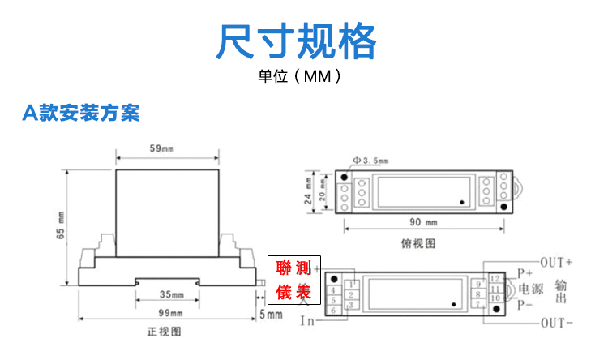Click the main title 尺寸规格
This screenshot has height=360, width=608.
point(297,42)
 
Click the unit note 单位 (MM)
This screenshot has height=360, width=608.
point(297,79)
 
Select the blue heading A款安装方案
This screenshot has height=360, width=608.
point(81,113)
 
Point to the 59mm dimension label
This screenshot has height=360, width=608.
point(162,148)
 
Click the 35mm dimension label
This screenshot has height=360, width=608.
point(170,294)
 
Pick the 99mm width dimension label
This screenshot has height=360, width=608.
point(170,313)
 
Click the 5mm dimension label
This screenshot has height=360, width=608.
point(271,313)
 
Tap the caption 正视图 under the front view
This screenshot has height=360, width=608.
point(163,332)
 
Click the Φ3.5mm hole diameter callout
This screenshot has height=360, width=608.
point(370,161)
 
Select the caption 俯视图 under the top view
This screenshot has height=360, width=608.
point(419,242)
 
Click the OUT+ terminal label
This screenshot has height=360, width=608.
point(557,262)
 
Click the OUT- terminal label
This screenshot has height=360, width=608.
point(557,322)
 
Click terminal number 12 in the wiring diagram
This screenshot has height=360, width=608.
point(494,280)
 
